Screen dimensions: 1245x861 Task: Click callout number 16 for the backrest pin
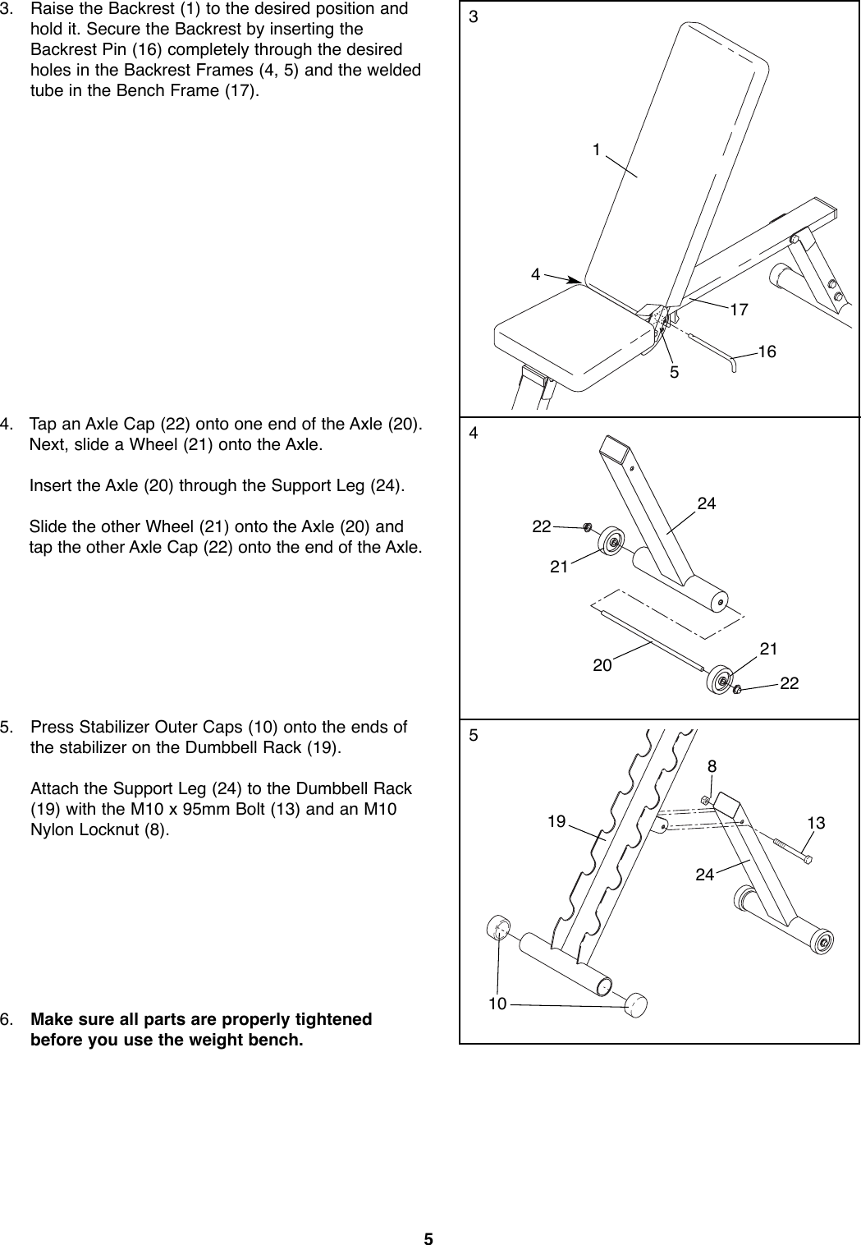coord(767,351)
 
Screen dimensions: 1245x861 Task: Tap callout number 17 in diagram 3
coord(740,310)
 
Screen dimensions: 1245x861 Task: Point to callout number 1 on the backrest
coord(597,149)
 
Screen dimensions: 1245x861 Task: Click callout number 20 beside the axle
coord(602,665)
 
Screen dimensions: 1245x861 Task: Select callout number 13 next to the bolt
coord(816,823)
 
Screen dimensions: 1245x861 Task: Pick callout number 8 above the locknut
coord(712,767)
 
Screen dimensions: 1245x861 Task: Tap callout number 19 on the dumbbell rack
coord(557,820)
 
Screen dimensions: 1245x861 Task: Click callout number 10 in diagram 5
coord(497,1004)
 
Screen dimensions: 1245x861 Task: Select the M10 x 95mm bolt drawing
coord(792,849)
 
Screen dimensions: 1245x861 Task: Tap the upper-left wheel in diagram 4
coord(612,542)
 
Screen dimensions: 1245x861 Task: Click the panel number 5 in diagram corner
coord(473,736)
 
